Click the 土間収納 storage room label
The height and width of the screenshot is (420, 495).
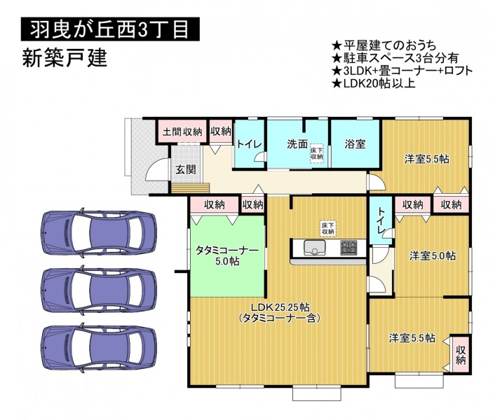point(182,132)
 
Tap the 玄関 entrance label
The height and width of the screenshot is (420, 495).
point(185,170)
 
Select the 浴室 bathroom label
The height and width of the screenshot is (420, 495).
point(355,144)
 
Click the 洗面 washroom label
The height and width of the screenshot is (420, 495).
point(297,144)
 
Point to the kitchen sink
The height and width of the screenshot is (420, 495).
point(314,248)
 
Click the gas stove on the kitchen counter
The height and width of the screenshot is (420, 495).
point(348,248)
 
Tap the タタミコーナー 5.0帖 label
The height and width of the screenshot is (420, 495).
point(227,255)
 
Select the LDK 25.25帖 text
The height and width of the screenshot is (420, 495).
point(280,307)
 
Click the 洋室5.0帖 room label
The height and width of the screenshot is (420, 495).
point(433,255)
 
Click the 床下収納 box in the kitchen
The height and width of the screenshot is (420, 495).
point(328,228)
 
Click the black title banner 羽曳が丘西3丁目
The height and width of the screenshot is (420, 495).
point(110,29)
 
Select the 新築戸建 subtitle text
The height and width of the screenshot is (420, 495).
point(65,58)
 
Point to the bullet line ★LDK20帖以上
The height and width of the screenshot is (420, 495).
point(374,83)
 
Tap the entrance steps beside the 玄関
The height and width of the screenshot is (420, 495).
point(190,188)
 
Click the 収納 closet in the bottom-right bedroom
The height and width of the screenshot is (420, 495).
point(461,355)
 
